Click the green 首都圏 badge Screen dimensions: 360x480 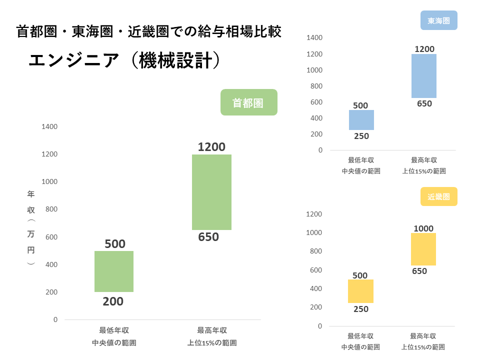pyautogui.click(x=248, y=102)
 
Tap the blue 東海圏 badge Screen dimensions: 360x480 pyautogui.click(x=439, y=21)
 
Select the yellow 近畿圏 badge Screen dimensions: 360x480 pyautogui.click(x=439, y=196)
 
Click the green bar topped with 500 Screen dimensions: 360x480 pyautogui.click(x=114, y=271)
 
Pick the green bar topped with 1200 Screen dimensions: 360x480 pyautogui.click(x=211, y=192)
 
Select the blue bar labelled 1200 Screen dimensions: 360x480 pyautogui.click(x=424, y=75)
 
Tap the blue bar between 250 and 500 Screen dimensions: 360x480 pyautogui.click(x=361, y=120)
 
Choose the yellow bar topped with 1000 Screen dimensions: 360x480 pyautogui.click(x=423, y=249)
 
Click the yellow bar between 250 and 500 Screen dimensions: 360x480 pyautogui.click(x=360, y=291)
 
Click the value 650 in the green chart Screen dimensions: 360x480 pyautogui.click(x=208, y=237)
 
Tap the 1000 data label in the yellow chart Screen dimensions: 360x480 pyautogui.click(x=423, y=228)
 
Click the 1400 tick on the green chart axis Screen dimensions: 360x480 pyautogui.click(x=49, y=127)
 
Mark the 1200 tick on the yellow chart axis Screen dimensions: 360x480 pyautogui.click(x=313, y=214)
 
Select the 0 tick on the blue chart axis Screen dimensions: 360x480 pyautogui.click(x=320, y=150)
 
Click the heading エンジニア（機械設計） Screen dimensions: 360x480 pyautogui.click(x=124, y=61)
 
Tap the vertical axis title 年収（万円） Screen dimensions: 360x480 pyautogui.click(x=31, y=227)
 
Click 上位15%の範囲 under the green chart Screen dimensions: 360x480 pyautogui.click(x=212, y=343)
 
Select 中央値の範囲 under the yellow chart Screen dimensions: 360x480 pyautogui.click(x=360, y=347)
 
